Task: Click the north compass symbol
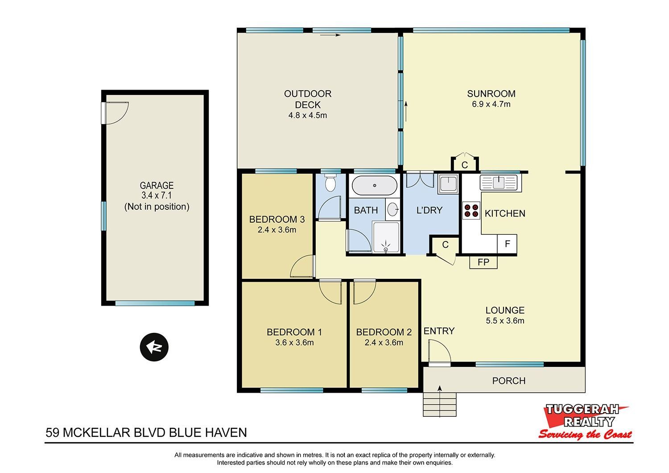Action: pyautogui.click(x=154, y=347)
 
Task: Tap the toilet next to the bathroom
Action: pyautogui.click(x=330, y=183)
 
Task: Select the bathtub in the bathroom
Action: pyautogui.click(x=375, y=185)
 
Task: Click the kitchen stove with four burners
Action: pyautogui.click(x=471, y=210)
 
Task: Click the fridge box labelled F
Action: pyautogui.click(x=507, y=244)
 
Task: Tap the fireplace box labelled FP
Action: pyautogui.click(x=483, y=262)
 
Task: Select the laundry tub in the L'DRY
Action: pyautogui.click(x=448, y=184)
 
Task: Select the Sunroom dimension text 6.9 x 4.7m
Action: pyautogui.click(x=491, y=104)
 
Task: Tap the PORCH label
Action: pyautogui.click(x=508, y=381)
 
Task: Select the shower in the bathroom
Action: pyautogui.click(x=386, y=237)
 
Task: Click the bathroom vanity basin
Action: pyautogui.click(x=392, y=209)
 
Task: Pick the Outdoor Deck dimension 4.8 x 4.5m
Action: pyautogui.click(x=308, y=115)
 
